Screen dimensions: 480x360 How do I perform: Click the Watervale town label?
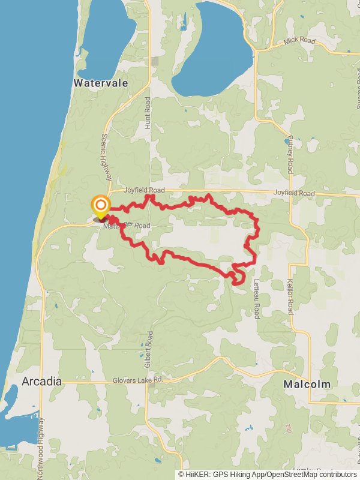[101, 83]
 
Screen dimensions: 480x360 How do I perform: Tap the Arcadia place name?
[41, 381]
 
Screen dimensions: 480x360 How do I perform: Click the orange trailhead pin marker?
[100, 206]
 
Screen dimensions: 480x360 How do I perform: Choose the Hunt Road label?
[148, 113]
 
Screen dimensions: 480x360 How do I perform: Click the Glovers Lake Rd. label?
[138, 381]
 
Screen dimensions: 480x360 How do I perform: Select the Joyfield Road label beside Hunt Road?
[144, 190]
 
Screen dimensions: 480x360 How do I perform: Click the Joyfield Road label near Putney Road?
[294, 193]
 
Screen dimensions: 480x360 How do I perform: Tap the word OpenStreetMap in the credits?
[287, 474]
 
